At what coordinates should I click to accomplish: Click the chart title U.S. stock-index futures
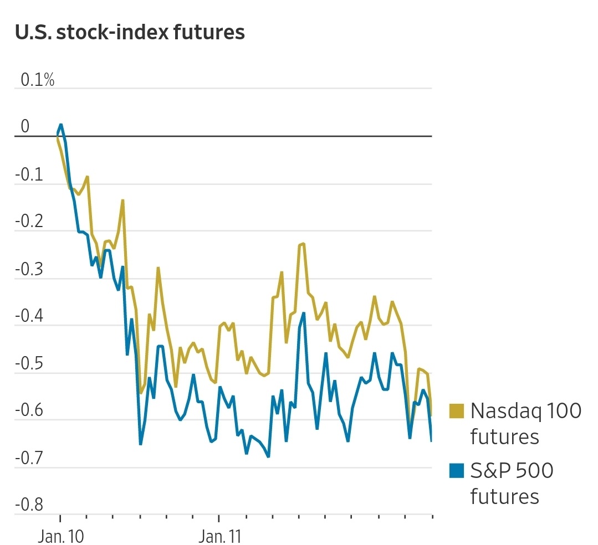point(130,33)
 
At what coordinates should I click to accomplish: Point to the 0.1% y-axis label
point(38,80)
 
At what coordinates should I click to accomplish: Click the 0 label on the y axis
point(25,127)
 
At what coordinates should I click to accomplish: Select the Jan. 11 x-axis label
point(219,537)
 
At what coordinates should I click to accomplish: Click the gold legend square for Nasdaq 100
point(457,410)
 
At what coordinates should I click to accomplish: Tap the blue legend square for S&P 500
point(457,471)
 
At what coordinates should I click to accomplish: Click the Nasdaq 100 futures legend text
point(525,424)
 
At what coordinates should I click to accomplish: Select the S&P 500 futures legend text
point(511,484)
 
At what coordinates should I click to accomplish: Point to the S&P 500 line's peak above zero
point(61,125)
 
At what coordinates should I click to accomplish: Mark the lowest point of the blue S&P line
point(268,457)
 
